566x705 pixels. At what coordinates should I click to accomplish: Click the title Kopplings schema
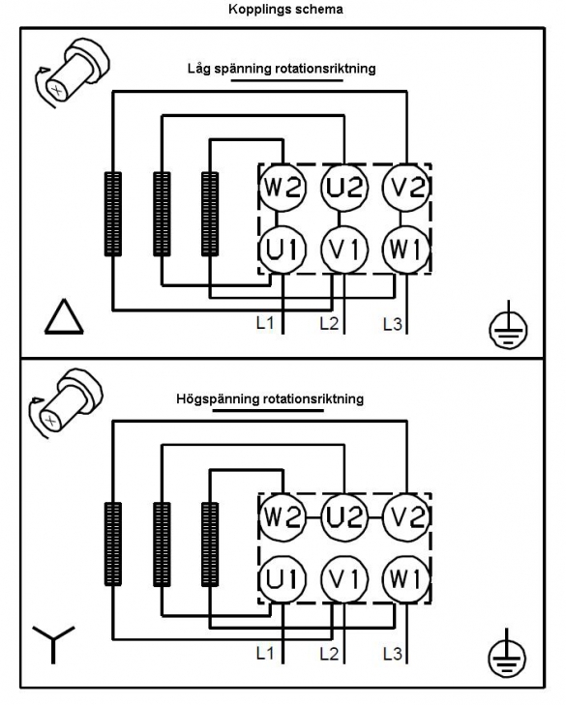click(285, 9)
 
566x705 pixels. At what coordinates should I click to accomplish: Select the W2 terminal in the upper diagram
click(283, 187)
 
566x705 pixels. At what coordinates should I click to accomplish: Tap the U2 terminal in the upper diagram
click(344, 187)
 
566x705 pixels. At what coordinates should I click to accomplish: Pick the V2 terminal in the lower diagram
click(406, 516)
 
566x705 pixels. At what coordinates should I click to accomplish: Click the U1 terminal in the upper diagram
click(283, 250)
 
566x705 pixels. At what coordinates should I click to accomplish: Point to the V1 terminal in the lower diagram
click(344, 578)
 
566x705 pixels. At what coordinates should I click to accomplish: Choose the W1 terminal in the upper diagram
click(406, 250)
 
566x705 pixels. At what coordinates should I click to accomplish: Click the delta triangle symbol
click(64, 316)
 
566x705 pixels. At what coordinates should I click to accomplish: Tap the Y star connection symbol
click(53, 644)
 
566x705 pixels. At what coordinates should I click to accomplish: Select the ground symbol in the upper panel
click(508, 327)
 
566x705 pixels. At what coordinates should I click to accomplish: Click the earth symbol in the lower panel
click(507, 654)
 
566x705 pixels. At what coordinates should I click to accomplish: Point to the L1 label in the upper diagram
click(265, 323)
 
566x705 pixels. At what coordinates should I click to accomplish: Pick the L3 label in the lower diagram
click(393, 654)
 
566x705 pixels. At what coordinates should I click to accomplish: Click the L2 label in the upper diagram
click(329, 323)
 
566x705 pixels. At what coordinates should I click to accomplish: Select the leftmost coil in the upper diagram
click(113, 214)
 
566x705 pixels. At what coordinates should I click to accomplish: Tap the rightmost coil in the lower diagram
click(210, 544)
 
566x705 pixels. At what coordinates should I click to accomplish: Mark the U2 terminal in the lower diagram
click(344, 516)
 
